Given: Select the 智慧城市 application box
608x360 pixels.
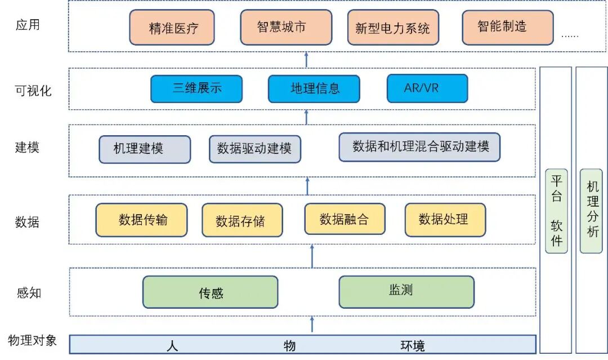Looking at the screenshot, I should (286, 27).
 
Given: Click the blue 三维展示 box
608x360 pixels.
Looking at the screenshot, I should (196, 88).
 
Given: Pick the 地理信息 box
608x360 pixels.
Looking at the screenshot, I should (314, 88).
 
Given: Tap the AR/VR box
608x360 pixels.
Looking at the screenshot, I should (427, 88).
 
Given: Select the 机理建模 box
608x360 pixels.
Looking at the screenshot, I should (145, 149).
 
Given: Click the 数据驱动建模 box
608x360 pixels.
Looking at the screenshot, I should (254, 149).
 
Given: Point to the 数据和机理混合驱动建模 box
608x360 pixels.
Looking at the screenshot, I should (419, 147).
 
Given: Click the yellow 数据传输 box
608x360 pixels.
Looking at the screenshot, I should (141, 220).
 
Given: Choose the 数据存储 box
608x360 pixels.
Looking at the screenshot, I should (242, 220).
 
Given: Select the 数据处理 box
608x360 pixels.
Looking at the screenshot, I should (445, 219).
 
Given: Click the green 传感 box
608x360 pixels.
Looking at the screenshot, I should (210, 292).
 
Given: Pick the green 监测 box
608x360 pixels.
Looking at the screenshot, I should (406, 291).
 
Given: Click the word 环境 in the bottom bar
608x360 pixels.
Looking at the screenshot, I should (413, 345).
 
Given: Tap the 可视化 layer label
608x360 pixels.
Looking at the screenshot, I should (34, 91).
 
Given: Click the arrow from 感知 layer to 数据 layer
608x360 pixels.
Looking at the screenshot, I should (312, 256).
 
